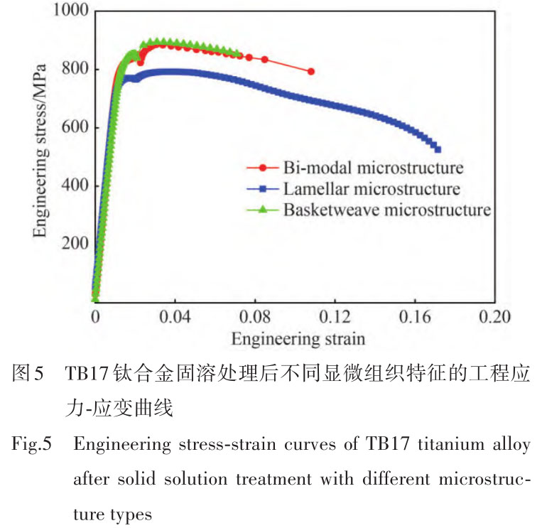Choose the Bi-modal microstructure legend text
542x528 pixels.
373,168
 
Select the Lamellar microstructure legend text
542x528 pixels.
371,189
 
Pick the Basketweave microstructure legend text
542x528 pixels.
386,210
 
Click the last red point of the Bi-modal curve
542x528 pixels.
311,72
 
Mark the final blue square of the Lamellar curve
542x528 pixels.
438,149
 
